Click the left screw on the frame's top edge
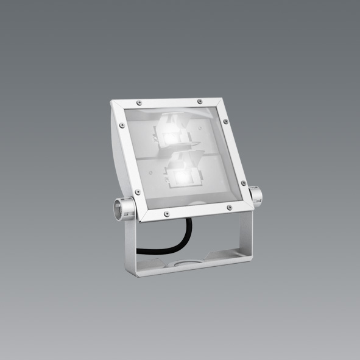pos(139,101)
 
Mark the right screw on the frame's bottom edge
pos(228,208)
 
